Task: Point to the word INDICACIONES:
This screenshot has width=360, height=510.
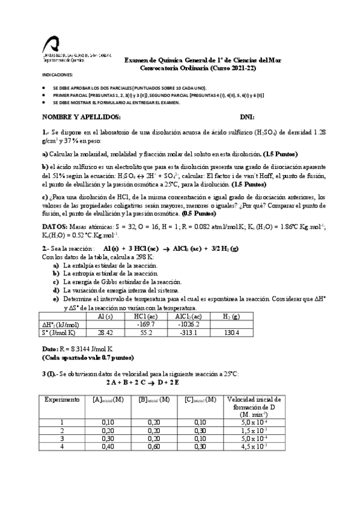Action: tap(56, 75)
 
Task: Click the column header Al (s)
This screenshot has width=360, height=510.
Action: tap(105, 316)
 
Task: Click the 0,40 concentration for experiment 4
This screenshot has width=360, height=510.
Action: tap(108, 446)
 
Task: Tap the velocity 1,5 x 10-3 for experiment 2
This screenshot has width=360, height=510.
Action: tap(249, 431)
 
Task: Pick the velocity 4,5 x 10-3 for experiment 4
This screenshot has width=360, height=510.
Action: tap(249, 446)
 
